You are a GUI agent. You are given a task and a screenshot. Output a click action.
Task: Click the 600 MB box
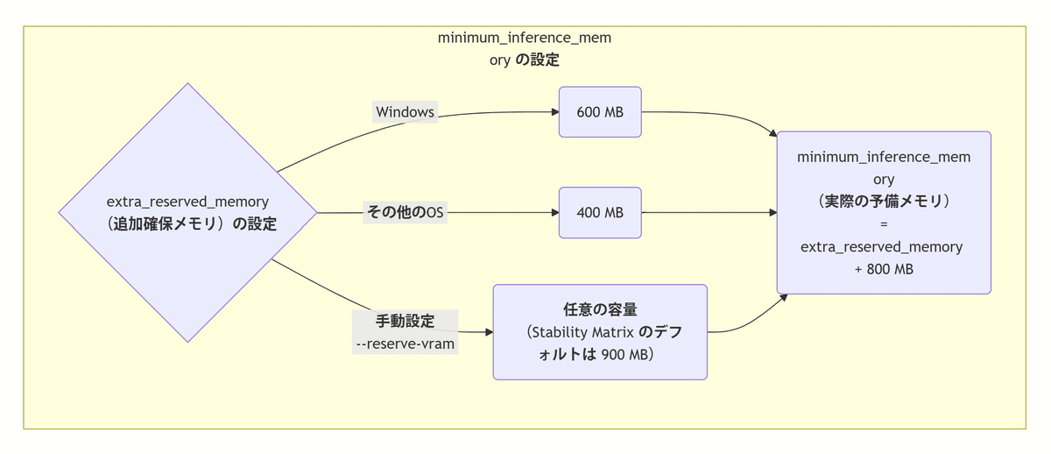point(600,112)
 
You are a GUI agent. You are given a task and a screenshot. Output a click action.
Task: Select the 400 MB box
point(600,213)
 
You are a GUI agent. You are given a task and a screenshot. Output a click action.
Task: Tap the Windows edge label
point(405,112)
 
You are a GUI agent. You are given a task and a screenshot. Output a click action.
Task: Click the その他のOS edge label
point(405,213)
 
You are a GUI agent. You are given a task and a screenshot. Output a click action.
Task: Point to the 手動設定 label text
point(405,322)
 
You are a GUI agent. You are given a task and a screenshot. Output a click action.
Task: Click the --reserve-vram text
point(405,344)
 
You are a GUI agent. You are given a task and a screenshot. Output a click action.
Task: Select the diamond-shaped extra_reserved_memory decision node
point(187,212)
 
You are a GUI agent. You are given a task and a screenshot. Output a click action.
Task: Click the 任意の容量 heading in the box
point(600,309)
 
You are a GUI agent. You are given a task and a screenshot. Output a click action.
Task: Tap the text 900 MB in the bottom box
point(625,355)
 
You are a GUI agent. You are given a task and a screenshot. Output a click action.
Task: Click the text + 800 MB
point(883,269)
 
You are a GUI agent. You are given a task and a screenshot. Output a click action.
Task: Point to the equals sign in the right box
point(883,223)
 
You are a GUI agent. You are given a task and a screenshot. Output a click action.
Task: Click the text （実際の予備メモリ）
point(883,202)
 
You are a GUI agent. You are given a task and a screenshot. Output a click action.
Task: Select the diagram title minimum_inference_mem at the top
point(524,39)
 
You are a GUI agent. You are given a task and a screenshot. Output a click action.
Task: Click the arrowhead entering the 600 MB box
point(554,112)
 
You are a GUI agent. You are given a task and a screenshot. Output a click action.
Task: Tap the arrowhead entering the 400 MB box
point(554,213)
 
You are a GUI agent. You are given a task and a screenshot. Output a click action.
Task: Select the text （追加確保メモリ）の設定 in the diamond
point(187,224)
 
